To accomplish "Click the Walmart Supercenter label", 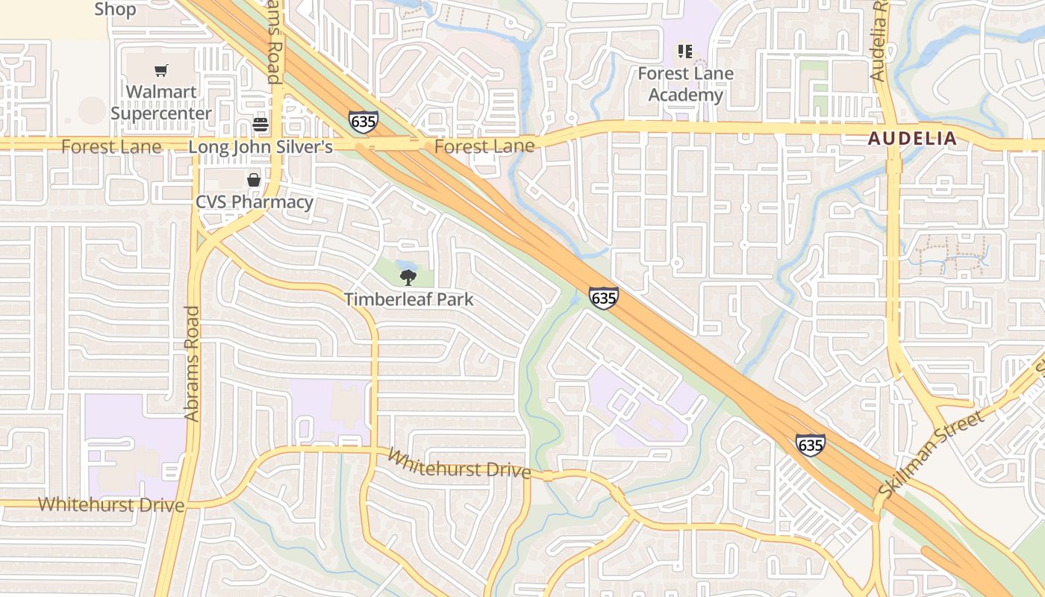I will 161,103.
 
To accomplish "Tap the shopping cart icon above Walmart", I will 161,71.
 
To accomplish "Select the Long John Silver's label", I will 261,147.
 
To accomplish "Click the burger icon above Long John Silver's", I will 261,124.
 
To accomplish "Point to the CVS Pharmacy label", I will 254,202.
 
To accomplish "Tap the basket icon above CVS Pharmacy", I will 254,180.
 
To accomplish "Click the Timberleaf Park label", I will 408,300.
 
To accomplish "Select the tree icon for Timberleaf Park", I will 408,278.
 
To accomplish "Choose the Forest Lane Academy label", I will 685,84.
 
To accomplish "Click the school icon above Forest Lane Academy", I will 684,51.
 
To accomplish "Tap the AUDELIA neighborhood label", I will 911,138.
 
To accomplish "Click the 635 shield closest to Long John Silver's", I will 363,122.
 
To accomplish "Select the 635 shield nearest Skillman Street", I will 810,446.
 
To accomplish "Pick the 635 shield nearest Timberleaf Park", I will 603,298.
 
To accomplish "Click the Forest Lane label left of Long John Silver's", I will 111,147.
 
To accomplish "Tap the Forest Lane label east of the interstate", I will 484,146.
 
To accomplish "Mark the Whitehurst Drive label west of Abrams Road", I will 111,504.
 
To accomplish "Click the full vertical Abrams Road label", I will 192,363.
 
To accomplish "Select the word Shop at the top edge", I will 115,9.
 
